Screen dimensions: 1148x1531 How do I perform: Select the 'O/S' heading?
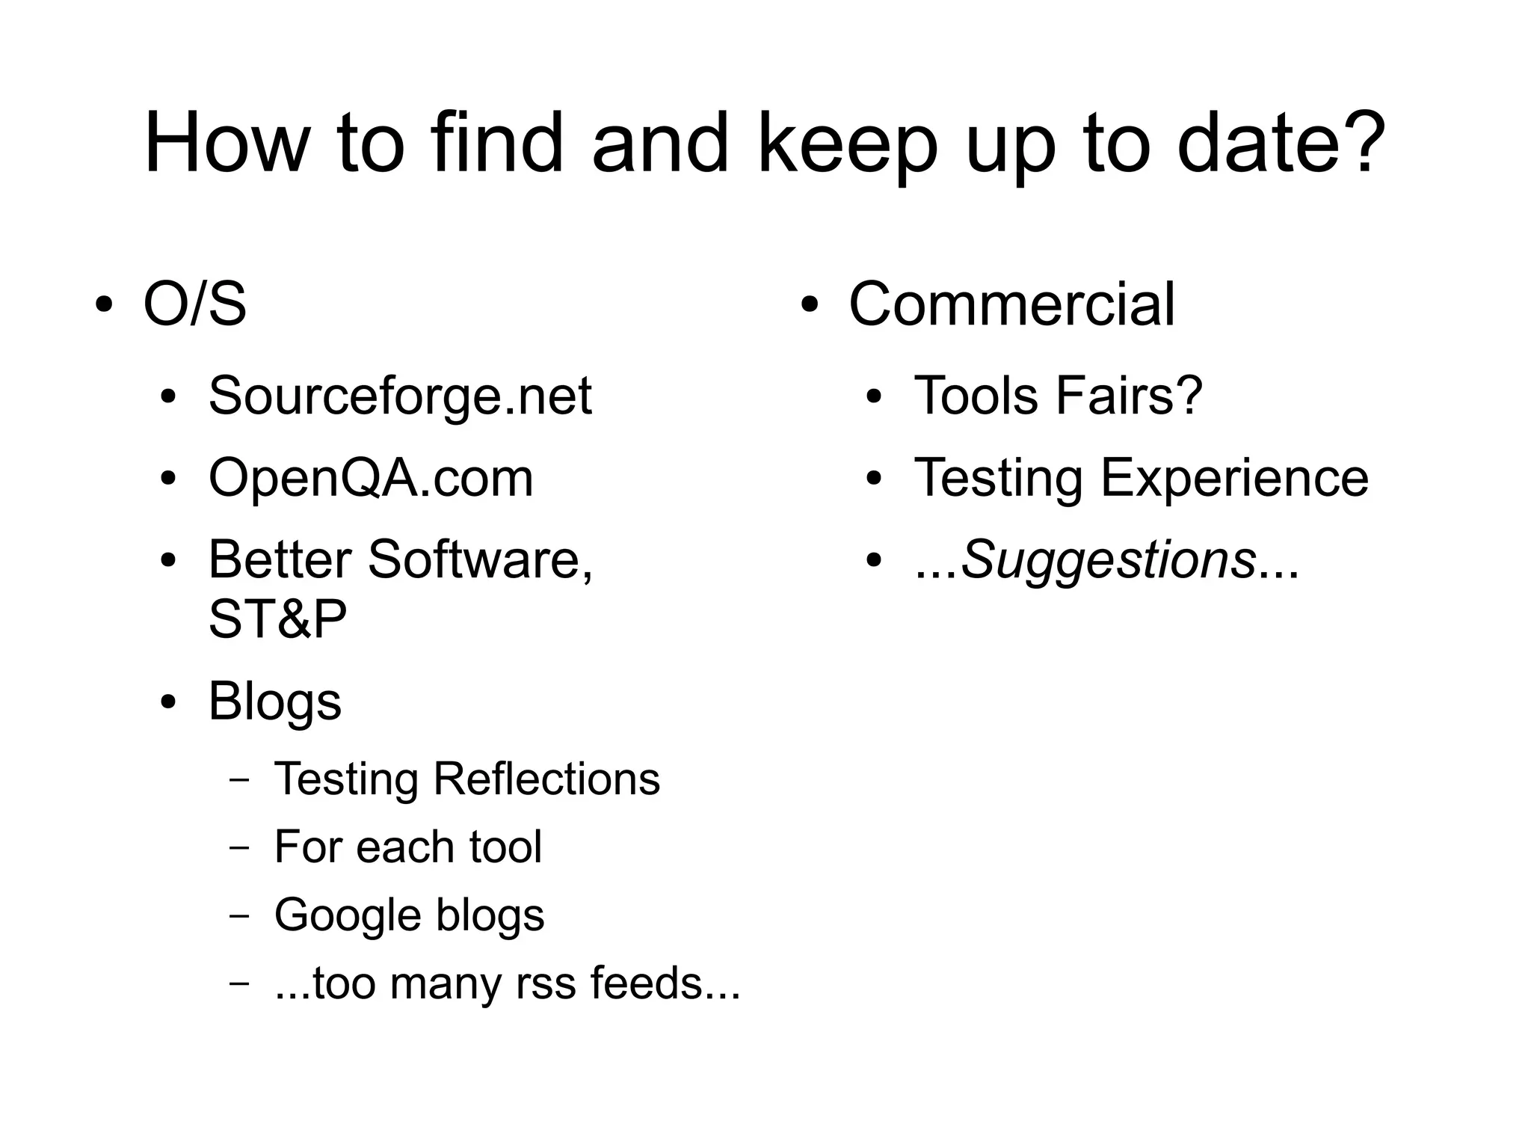click(194, 304)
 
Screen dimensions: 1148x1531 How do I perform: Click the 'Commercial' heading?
click(1011, 304)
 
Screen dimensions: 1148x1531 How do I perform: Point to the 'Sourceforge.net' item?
click(400, 396)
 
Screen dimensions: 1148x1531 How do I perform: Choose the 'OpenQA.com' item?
click(371, 478)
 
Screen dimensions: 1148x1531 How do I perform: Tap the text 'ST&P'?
click(277, 619)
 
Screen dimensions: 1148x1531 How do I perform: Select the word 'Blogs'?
click(274, 702)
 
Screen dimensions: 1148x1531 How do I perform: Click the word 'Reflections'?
click(546, 779)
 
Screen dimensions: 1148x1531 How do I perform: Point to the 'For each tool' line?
click(407, 847)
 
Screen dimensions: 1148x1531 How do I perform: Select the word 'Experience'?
click(1234, 478)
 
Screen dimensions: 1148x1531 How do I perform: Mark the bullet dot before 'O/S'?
click(105, 305)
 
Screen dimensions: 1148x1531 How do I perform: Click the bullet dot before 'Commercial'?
click(810, 305)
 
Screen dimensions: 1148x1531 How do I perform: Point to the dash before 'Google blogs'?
click(239, 915)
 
